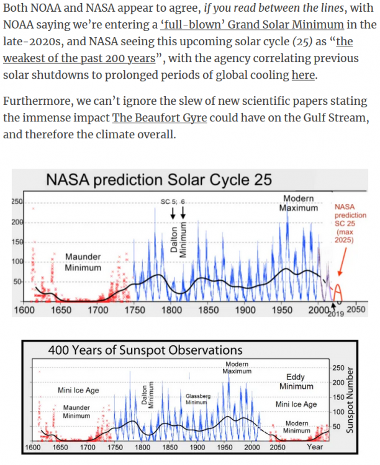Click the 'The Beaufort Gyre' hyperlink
(160, 118)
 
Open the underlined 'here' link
(303, 75)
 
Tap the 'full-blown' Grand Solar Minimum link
(252, 25)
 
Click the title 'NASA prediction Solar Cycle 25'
(159, 180)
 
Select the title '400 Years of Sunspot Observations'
(145, 350)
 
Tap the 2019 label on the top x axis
(336, 314)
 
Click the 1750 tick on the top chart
(135, 310)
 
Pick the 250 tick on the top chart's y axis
(17, 201)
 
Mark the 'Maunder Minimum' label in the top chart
(83, 262)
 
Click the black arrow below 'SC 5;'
(173, 213)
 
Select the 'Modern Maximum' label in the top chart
(298, 203)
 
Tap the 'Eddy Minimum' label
(296, 382)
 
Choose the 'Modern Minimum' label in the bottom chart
(297, 427)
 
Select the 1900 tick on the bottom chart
(197, 447)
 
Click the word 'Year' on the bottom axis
(315, 446)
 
